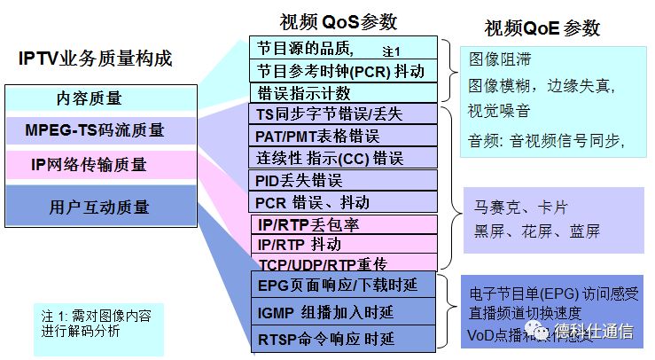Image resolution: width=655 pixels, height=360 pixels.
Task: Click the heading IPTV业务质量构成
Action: (x=95, y=59)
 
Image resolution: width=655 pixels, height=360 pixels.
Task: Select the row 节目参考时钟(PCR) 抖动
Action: (x=341, y=71)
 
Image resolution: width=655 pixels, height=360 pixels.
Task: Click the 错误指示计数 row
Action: (x=341, y=92)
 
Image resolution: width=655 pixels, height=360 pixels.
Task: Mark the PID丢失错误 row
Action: (x=341, y=180)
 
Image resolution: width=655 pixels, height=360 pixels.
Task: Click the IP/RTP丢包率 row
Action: (x=341, y=223)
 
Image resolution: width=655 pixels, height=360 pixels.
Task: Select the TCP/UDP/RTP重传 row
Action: (x=341, y=263)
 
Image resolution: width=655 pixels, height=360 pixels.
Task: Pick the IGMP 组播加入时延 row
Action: (x=341, y=311)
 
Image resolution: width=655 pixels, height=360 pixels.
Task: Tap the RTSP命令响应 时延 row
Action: (x=341, y=339)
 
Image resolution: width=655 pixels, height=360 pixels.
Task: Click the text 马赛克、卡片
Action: (x=519, y=209)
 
